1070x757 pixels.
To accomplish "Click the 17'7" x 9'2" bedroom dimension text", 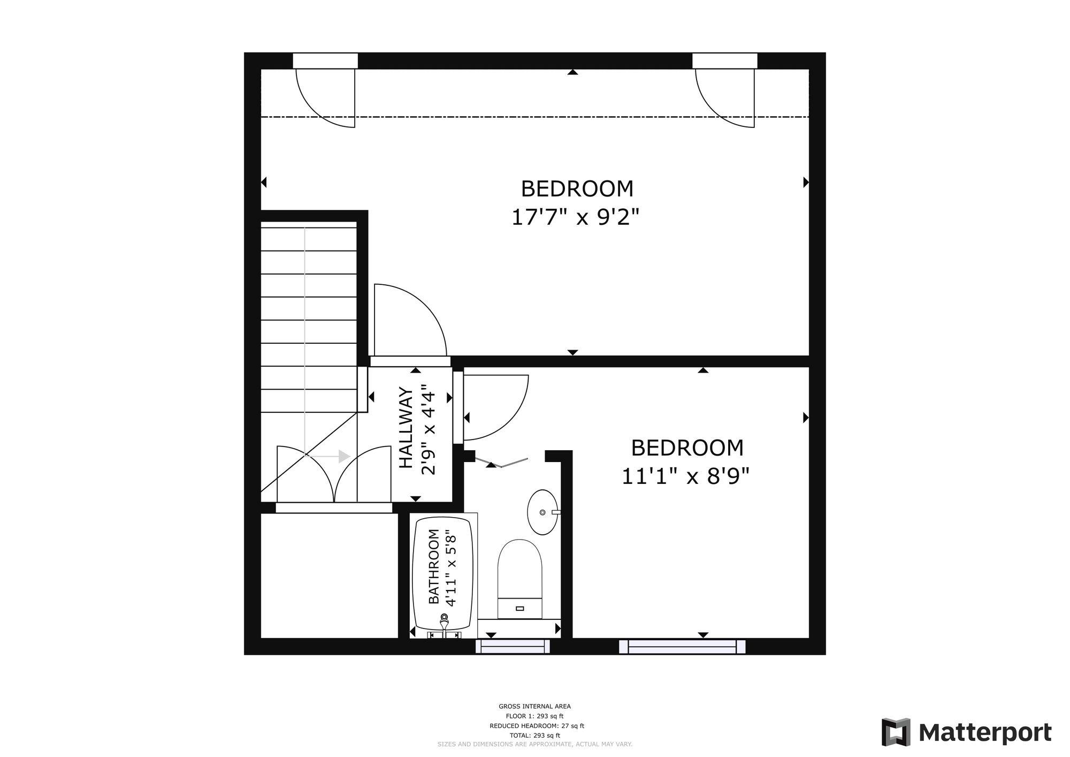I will [x=576, y=218].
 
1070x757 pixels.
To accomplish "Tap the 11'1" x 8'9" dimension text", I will [x=685, y=476].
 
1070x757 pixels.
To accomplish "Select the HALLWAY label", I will [x=407, y=428].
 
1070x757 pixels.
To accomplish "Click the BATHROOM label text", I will [x=434, y=566].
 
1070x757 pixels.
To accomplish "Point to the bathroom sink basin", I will [x=542, y=512].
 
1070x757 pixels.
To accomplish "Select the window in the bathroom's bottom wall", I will [x=513, y=647].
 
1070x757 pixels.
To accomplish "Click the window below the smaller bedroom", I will [x=682, y=647].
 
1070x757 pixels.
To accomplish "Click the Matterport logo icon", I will [x=896, y=732].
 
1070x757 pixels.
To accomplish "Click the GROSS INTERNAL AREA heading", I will [x=534, y=707].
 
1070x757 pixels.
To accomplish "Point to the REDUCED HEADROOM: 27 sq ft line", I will [x=537, y=726].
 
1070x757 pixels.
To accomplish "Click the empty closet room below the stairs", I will [x=329, y=576].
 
